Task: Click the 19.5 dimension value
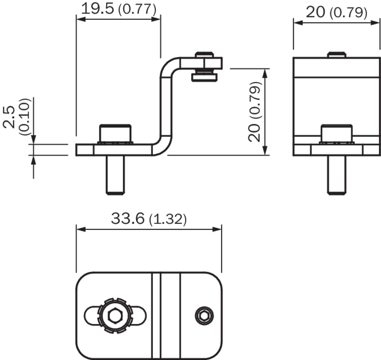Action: coord(97,9)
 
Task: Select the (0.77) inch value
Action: coord(137,10)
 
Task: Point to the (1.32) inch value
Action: coord(168,219)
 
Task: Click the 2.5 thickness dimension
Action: coord(9,117)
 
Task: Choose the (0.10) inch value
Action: coord(25,117)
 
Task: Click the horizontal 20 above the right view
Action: coord(315,12)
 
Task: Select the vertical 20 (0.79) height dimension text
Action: coord(255,111)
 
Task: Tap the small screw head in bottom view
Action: coord(204,316)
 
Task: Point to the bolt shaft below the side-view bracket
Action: coord(115,175)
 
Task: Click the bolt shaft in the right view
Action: coord(336,175)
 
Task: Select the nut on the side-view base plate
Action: coord(115,134)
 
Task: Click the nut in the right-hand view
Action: coord(336,134)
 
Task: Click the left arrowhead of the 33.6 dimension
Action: coord(81,229)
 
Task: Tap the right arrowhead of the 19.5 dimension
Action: coord(156,19)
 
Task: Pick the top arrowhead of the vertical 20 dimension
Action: coord(265,73)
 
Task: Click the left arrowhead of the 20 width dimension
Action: coord(298,23)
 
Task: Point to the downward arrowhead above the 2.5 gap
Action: coord(34,139)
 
